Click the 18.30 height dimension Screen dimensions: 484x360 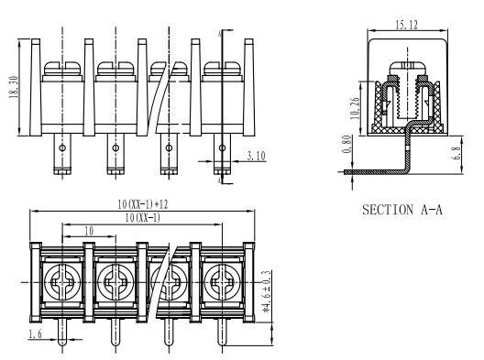14,87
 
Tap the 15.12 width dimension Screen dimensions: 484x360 406,25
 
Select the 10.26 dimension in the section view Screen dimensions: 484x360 355,108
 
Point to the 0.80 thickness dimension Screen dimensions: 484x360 347,144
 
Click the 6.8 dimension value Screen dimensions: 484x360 456,153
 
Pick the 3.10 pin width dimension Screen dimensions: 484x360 256,156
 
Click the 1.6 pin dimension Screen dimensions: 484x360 35,333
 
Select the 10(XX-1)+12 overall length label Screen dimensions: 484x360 143,204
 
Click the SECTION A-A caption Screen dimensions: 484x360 402,210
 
